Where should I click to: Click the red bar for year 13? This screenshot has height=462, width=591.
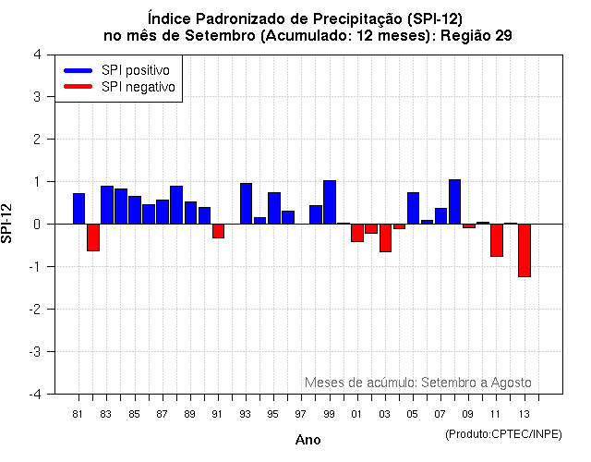pos(524,249)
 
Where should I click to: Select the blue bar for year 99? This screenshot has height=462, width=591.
pos(330,202)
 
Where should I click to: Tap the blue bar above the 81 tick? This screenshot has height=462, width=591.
pos(79,209)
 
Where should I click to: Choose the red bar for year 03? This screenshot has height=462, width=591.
pos(385,237)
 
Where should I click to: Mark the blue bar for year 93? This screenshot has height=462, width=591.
pos(246,203)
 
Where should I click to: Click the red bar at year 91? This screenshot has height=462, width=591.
pos(218,231)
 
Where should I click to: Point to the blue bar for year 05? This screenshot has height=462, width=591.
pos(413,208)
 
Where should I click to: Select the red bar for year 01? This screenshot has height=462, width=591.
pos(357,232)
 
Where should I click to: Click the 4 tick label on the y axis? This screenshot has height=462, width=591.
pos(37,54)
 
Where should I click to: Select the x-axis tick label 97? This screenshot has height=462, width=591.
pos(302,413)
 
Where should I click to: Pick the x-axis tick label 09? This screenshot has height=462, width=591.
pos(468,413)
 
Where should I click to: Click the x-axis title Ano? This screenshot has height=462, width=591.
pos(308,440)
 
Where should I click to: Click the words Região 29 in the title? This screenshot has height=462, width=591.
pos(478,35)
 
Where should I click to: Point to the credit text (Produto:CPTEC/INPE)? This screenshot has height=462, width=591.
pos(502,433)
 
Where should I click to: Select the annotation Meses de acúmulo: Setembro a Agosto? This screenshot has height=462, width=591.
pos(417,382)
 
